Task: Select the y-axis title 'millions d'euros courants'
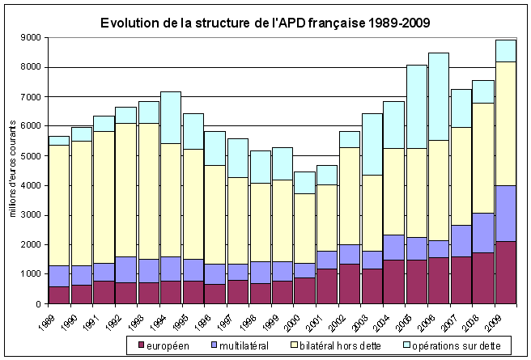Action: point(14,170)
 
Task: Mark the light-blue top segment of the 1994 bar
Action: point(170,117)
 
